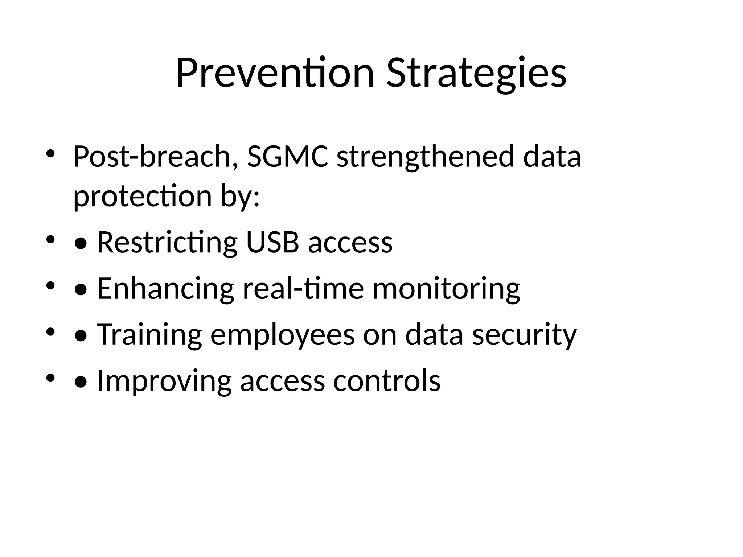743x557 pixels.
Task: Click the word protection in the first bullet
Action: coord(143,196)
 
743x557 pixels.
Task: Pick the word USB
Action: coord(272,242)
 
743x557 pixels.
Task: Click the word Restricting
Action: coord(167,242)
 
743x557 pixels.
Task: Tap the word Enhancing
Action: coord(165,288)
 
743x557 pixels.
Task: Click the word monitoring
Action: coord(446,288)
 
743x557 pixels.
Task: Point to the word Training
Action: coord(149,334)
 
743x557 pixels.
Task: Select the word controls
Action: coord(387,380)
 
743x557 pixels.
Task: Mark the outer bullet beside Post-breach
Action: coord(50,154)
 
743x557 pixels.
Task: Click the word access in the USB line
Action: coord(350,242)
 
